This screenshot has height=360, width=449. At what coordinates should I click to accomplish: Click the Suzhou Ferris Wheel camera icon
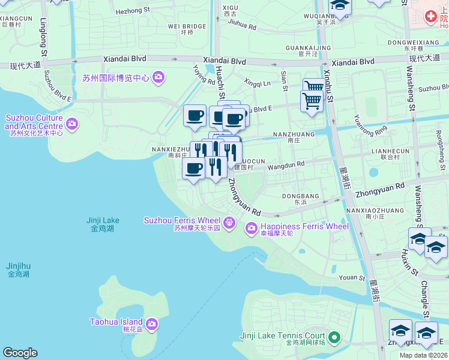point(229,224)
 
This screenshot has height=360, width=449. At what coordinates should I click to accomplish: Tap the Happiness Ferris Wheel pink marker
point(251,227)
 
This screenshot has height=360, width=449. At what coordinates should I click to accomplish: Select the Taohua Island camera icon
point(151,325)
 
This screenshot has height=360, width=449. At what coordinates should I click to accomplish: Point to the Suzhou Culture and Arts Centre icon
point(72,124)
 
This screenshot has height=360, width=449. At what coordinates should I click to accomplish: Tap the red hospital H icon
point(430,17)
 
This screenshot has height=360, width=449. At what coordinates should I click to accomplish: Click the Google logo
point(20,353)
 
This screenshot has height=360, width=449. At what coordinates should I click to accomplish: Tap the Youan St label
point(352,278)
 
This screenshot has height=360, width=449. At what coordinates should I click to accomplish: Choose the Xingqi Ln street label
point(258,82)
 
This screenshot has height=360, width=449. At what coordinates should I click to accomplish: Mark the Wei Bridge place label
point(187,26)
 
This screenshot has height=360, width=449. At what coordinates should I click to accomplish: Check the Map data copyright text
point(423,355)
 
